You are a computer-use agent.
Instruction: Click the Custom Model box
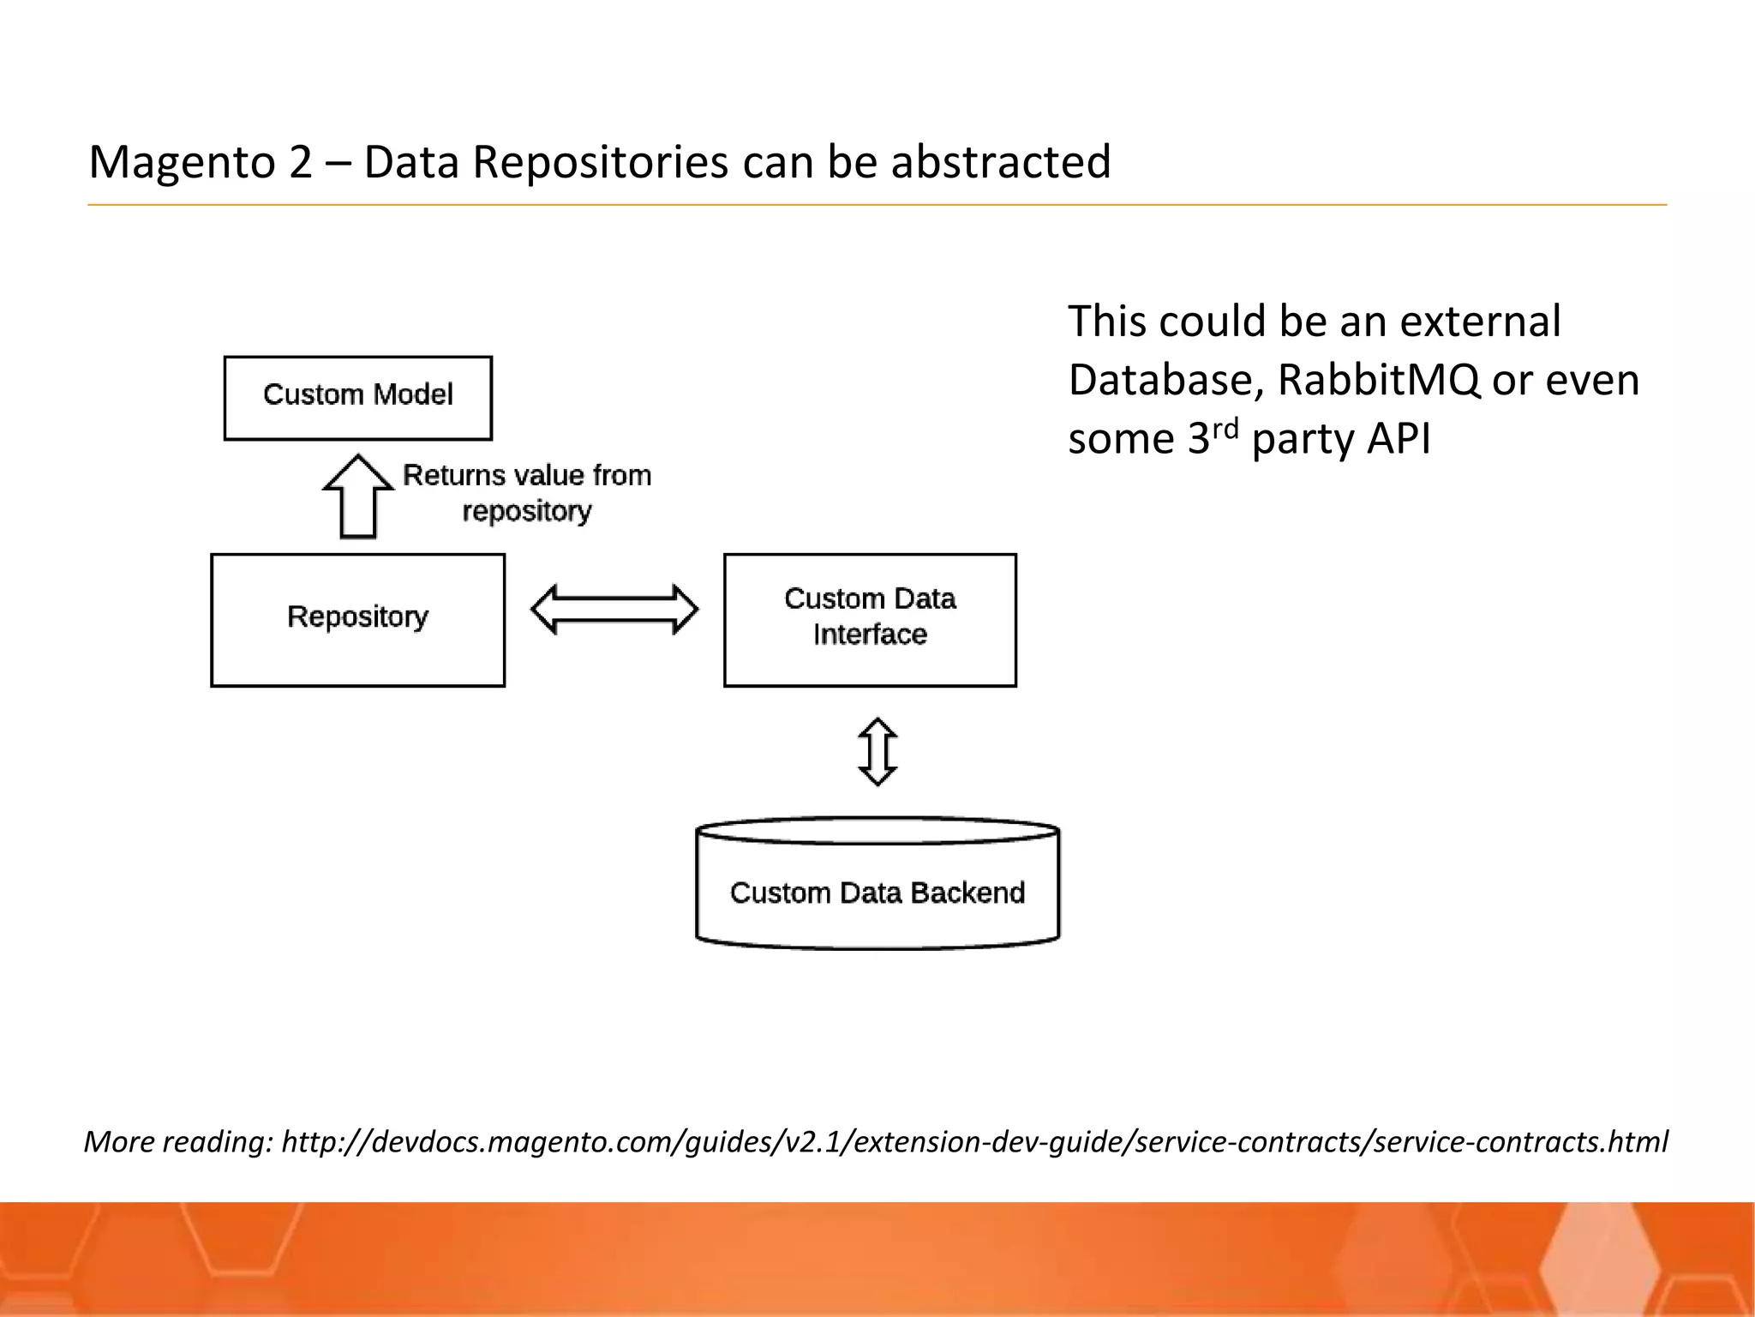357,398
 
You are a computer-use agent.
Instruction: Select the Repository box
357,619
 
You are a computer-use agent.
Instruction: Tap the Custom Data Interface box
870,619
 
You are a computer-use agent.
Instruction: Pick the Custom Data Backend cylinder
877,892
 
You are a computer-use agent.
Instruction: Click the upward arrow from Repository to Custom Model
358,497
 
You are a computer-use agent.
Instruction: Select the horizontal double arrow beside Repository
614,610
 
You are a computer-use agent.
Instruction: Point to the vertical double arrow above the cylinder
877,752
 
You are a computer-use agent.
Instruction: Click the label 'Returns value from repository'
527,493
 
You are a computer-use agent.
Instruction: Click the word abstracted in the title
1000,162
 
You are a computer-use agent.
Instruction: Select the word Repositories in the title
600,162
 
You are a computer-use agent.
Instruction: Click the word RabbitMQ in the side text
1378,380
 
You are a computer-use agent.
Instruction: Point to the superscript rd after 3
1226,429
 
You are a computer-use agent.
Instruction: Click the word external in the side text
1480,322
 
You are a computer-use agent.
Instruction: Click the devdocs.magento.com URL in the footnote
974,1142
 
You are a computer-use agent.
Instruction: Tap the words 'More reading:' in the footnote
177,1142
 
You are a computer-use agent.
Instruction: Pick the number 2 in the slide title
301,162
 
